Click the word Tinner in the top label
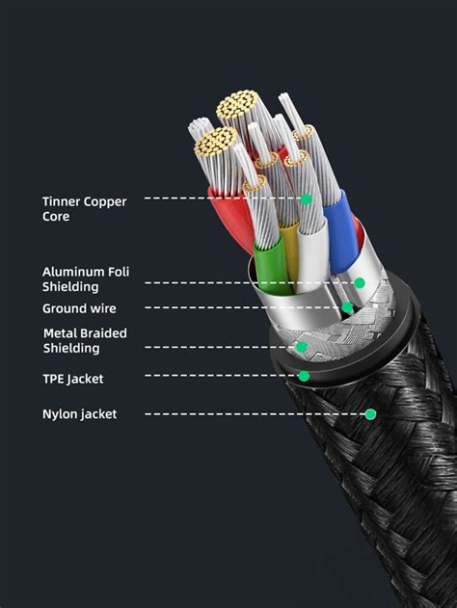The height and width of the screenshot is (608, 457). coord(61,201)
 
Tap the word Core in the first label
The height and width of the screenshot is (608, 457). coord(56,217)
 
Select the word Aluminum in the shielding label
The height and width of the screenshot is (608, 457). coord(72,272)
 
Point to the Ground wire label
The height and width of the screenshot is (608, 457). coord(79,308)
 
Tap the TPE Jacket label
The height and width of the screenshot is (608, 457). coord(72,379)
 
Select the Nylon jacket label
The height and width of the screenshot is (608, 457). coord(79,414)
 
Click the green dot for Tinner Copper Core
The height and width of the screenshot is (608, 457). coord(306,199)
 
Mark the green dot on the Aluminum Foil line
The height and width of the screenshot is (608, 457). coord(359,282)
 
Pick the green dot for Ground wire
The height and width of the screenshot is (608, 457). coord(346,308)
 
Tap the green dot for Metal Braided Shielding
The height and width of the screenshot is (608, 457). coord(302,347)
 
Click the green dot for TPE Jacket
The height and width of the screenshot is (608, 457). coord(304,376)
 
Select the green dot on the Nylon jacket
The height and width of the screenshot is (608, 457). coord(370,414)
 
